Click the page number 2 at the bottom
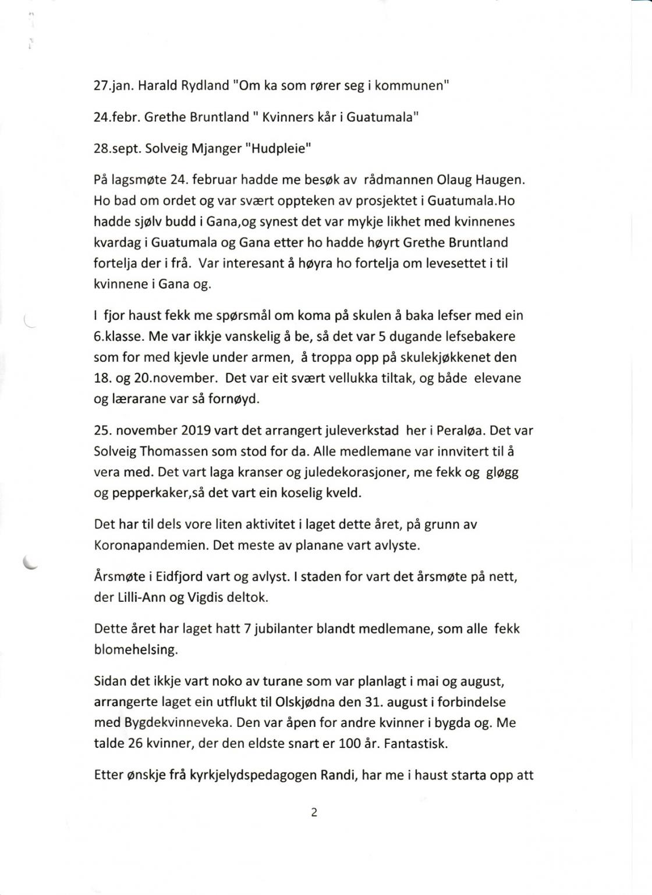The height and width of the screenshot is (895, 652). pos(314,813)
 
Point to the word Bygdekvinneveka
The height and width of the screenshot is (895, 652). pos(178,723)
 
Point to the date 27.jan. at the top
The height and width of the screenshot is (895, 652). pos(114,85)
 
